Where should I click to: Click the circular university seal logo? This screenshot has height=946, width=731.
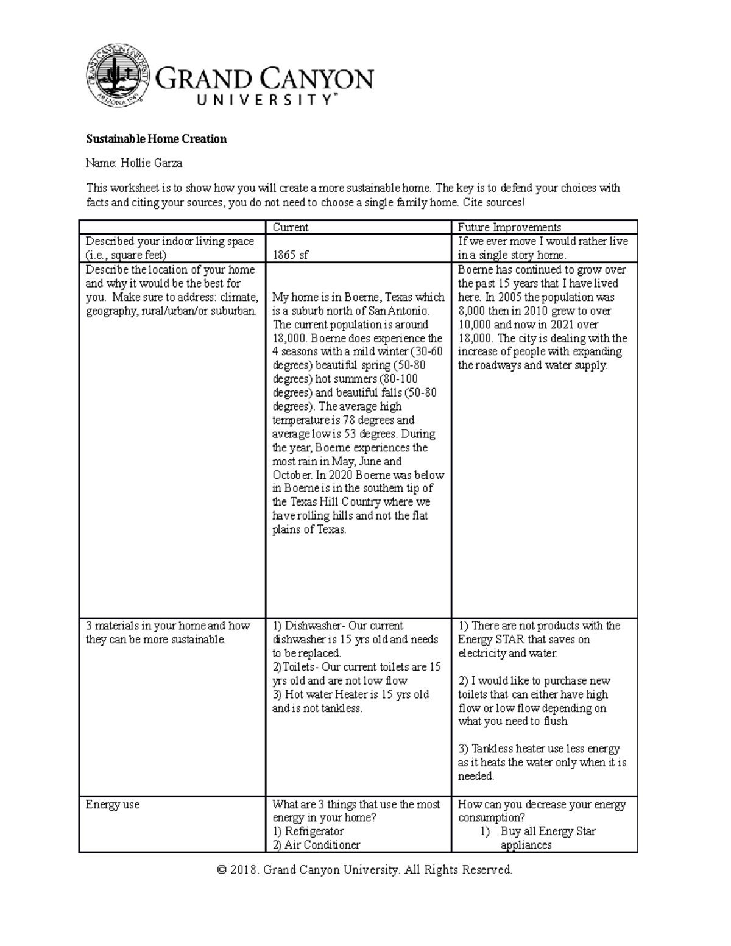click(x=119, y=75)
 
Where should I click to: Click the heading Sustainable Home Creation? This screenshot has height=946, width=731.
click(x=156, y=139)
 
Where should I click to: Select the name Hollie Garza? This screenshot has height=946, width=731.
click(x=152, y=163)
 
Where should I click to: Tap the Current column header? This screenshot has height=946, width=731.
click(x=290, y=227)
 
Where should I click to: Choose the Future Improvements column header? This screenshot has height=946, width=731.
click(x=509, y=227)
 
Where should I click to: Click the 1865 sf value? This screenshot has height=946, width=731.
click(x=290, y=255)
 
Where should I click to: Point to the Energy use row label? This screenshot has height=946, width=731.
click(x=113, y=805)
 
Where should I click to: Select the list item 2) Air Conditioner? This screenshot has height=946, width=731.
click(x=316, y=845)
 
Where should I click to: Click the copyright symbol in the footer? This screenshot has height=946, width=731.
click(x=221, y=870)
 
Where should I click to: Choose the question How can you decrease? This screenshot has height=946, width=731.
click(x=542, y=805)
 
